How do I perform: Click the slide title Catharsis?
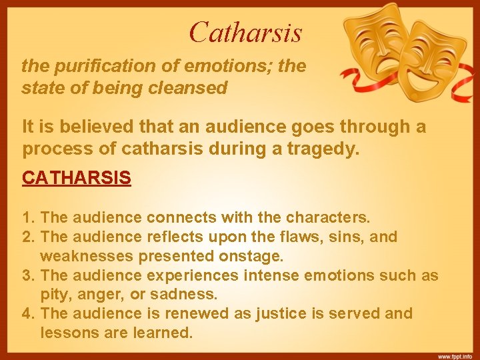tap(245, 31)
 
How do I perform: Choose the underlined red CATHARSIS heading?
tap(77, 178)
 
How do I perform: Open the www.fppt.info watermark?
tap(455, 355)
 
